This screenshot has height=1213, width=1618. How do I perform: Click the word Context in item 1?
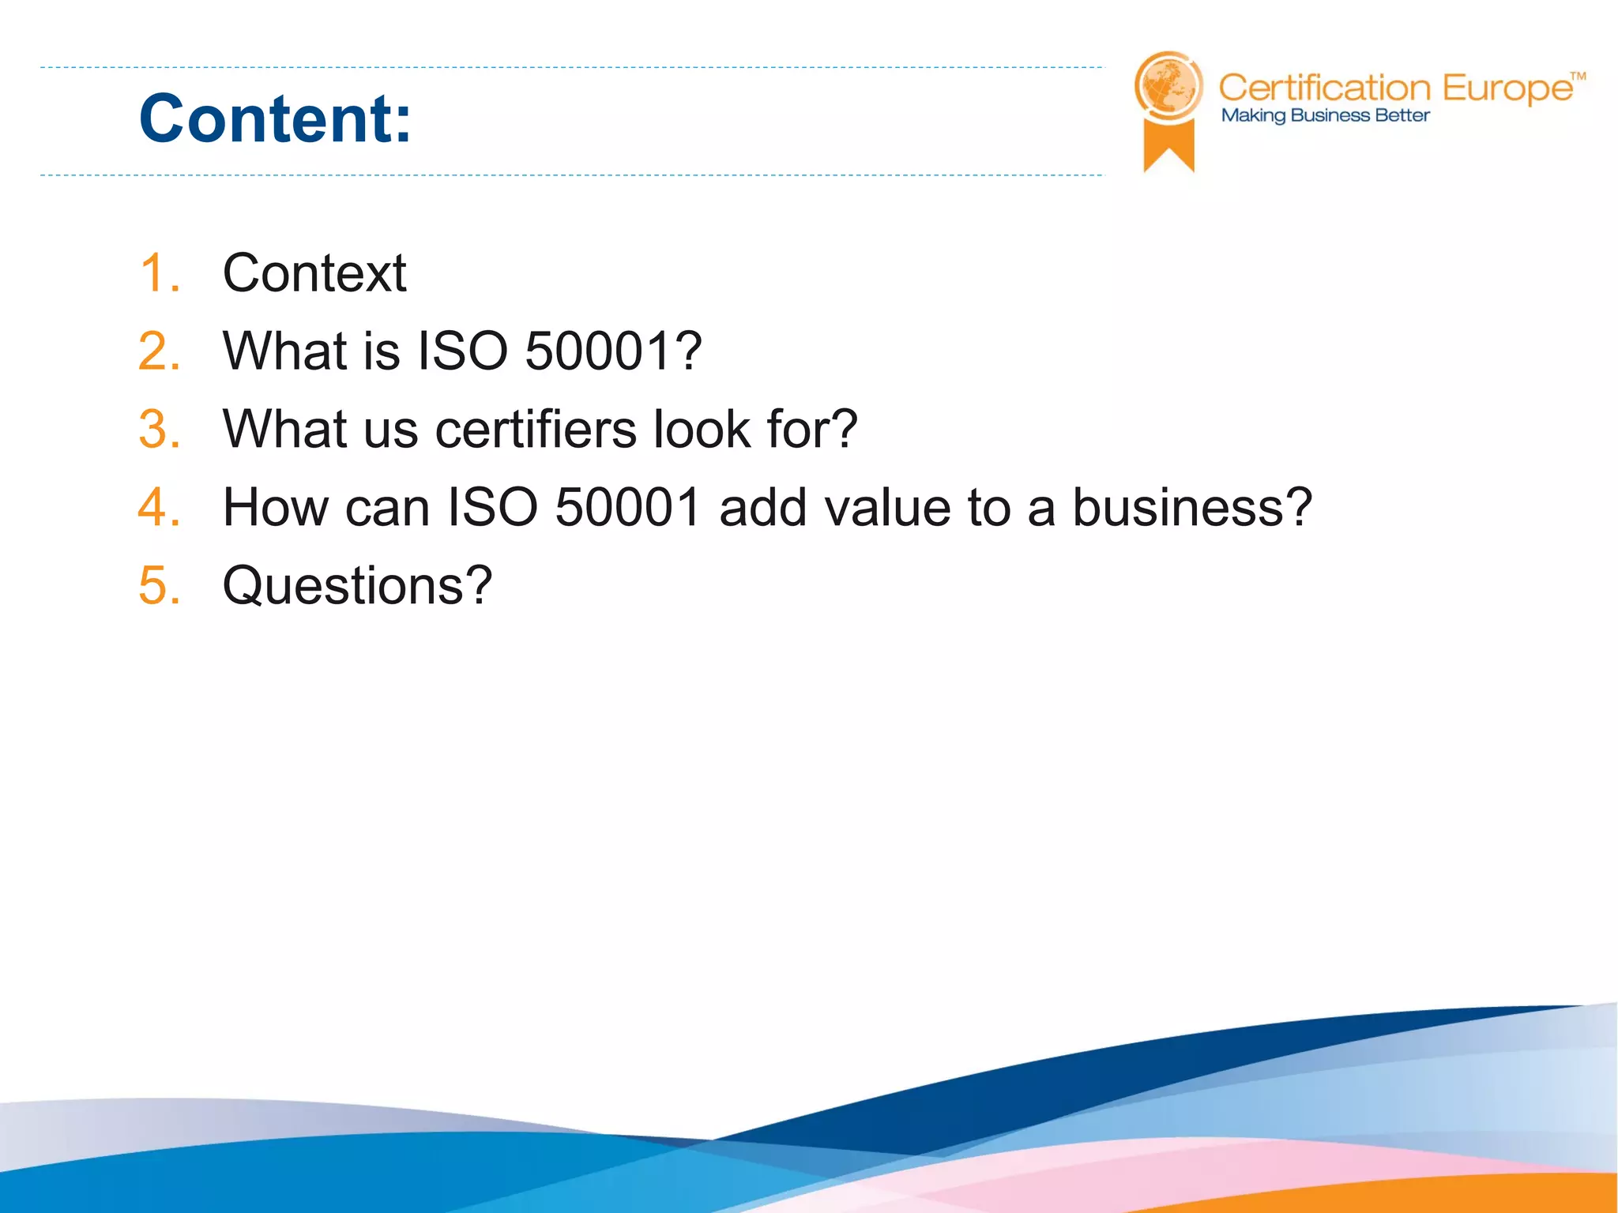[x=314, y=273]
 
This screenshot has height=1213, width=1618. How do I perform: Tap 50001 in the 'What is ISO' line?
[x=598, y=351]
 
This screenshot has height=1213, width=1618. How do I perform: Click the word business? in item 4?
[x=1192, y=507]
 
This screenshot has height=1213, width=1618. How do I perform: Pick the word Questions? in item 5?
[x=357, y=586]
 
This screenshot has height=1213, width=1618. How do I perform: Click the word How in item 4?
[x=275, y=507]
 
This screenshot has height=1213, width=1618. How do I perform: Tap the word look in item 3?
[x=702, y=430]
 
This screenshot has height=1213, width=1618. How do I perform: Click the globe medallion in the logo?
[x=1168, y=86]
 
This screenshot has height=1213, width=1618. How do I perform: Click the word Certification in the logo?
[x=1324, y=88]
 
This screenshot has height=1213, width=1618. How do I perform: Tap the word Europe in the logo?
[x=1507, y=88]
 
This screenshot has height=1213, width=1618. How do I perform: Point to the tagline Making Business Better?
[x=1325, y=116]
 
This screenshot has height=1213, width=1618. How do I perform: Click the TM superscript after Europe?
[x=1578, y=77]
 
